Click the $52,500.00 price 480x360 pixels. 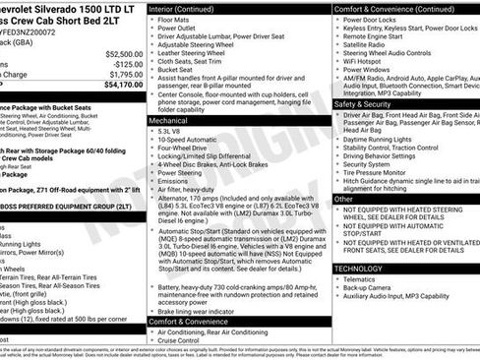121,54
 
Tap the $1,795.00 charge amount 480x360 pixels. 124,74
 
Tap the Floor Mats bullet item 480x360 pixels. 177,19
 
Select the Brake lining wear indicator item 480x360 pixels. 205,311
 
